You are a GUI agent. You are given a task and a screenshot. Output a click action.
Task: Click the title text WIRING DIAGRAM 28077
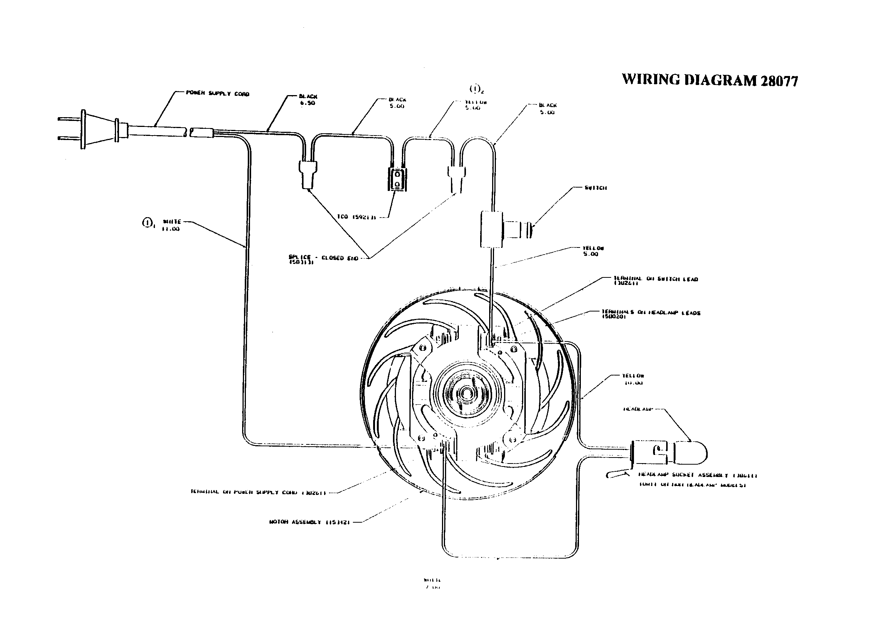[710, 80]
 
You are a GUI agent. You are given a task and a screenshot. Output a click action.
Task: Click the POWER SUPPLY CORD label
[217, 94]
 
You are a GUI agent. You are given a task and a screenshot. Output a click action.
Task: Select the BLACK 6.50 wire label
[308, 100]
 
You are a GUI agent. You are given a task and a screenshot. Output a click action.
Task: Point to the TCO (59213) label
[356, 217]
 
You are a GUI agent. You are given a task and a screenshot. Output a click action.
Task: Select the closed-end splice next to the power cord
[308, 174]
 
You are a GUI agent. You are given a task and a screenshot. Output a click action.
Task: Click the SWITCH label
[595, 188]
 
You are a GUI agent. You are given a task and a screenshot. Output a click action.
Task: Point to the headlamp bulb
[690, 452]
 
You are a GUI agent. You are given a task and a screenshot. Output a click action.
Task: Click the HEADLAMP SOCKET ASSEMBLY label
[697, 475]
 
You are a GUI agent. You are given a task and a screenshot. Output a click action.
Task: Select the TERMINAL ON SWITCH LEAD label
[655, 281]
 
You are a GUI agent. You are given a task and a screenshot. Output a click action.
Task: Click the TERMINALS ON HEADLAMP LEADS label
[651, 314]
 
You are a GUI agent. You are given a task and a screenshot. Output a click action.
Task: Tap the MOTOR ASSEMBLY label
[310, 522]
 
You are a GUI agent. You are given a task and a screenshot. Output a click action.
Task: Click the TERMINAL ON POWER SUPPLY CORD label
[258, 492]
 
